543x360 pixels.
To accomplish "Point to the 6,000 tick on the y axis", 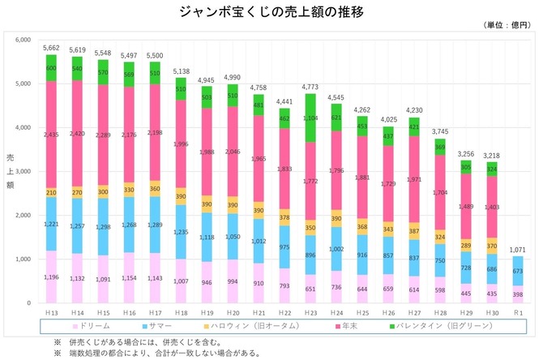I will coord(23,39).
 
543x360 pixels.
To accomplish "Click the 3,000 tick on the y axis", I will coord(23,171).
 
